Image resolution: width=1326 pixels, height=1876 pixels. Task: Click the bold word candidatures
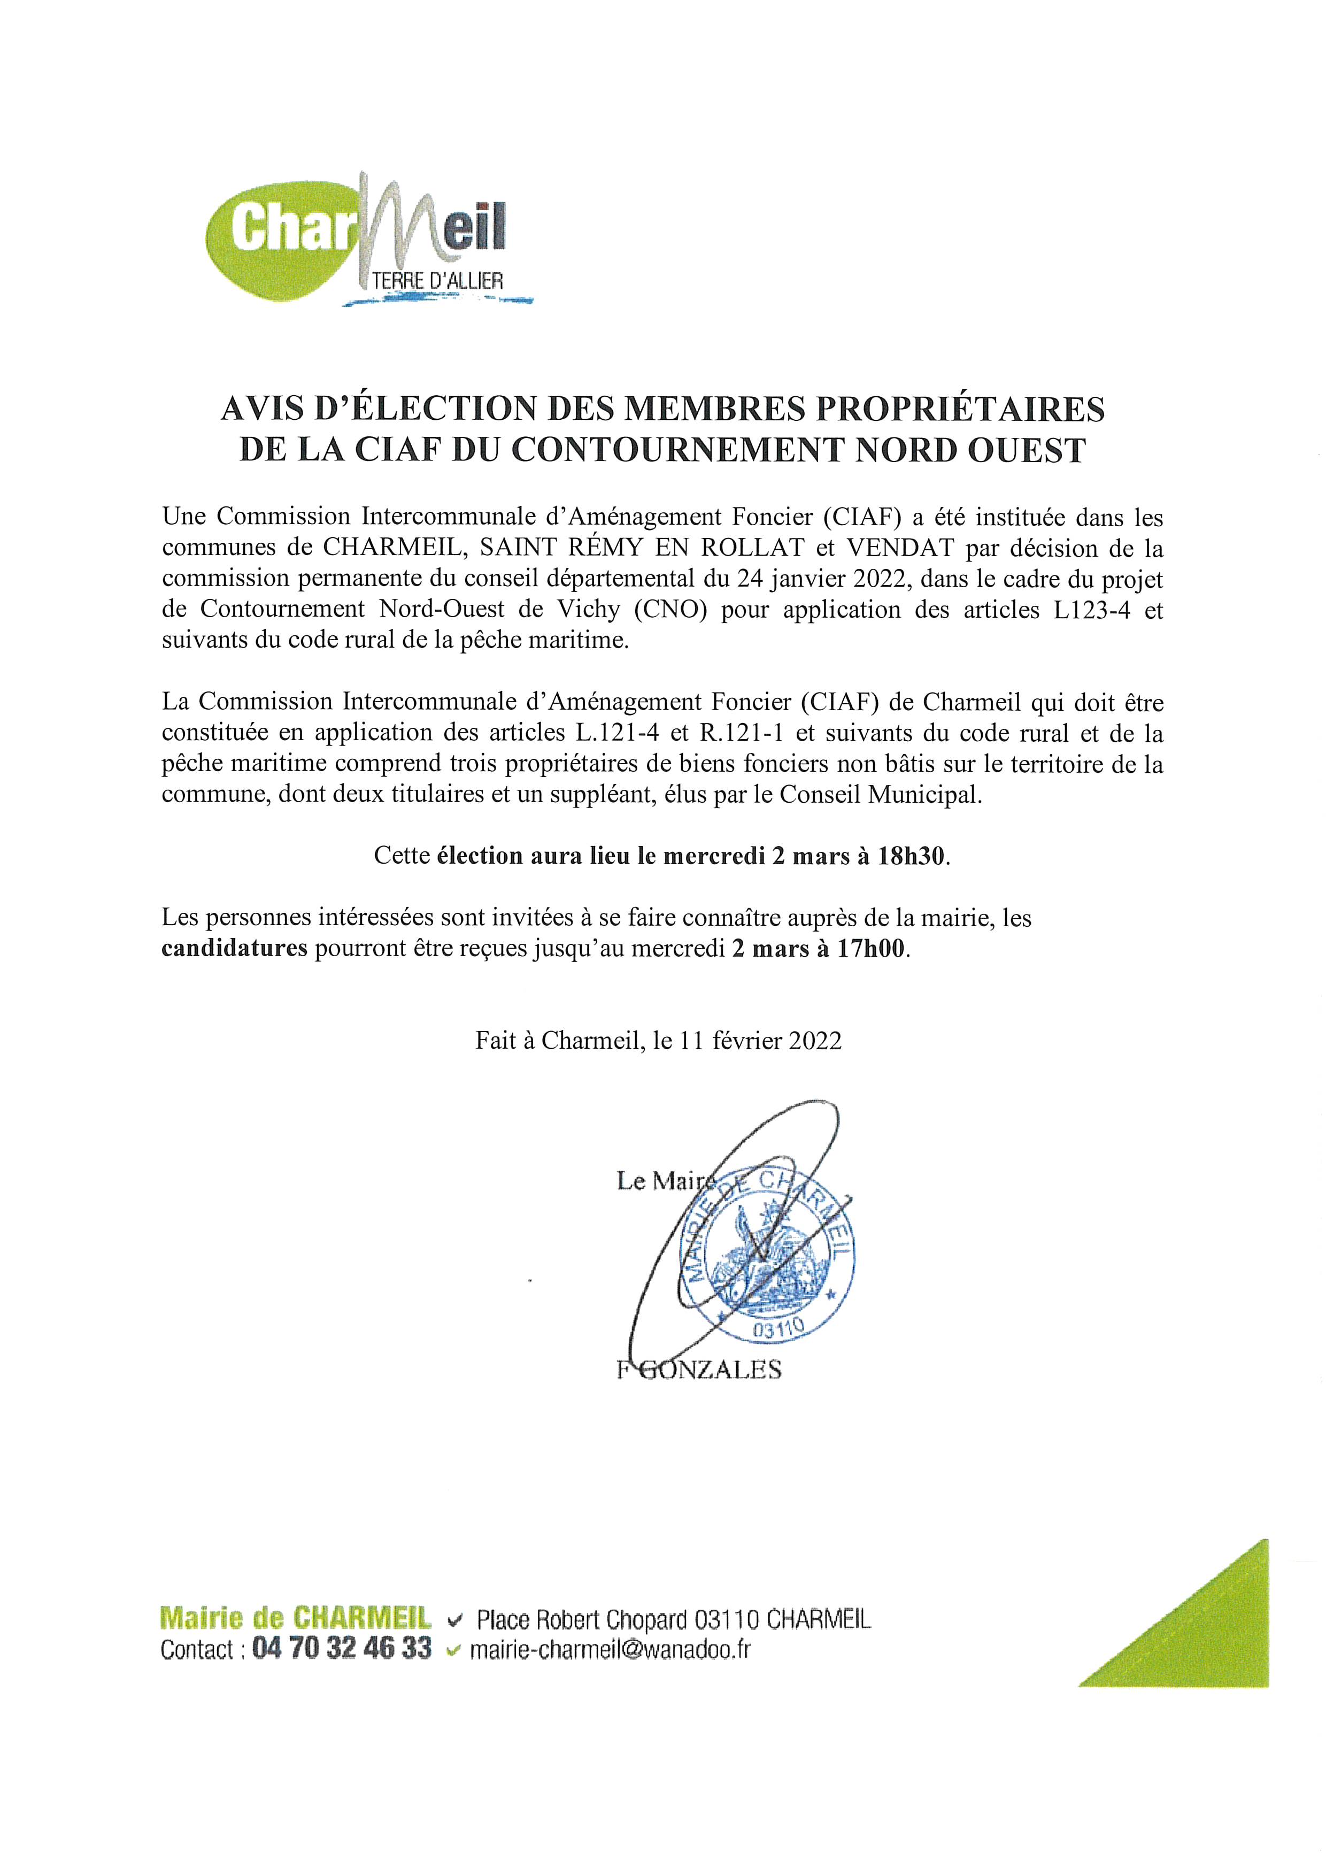(235, 949)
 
